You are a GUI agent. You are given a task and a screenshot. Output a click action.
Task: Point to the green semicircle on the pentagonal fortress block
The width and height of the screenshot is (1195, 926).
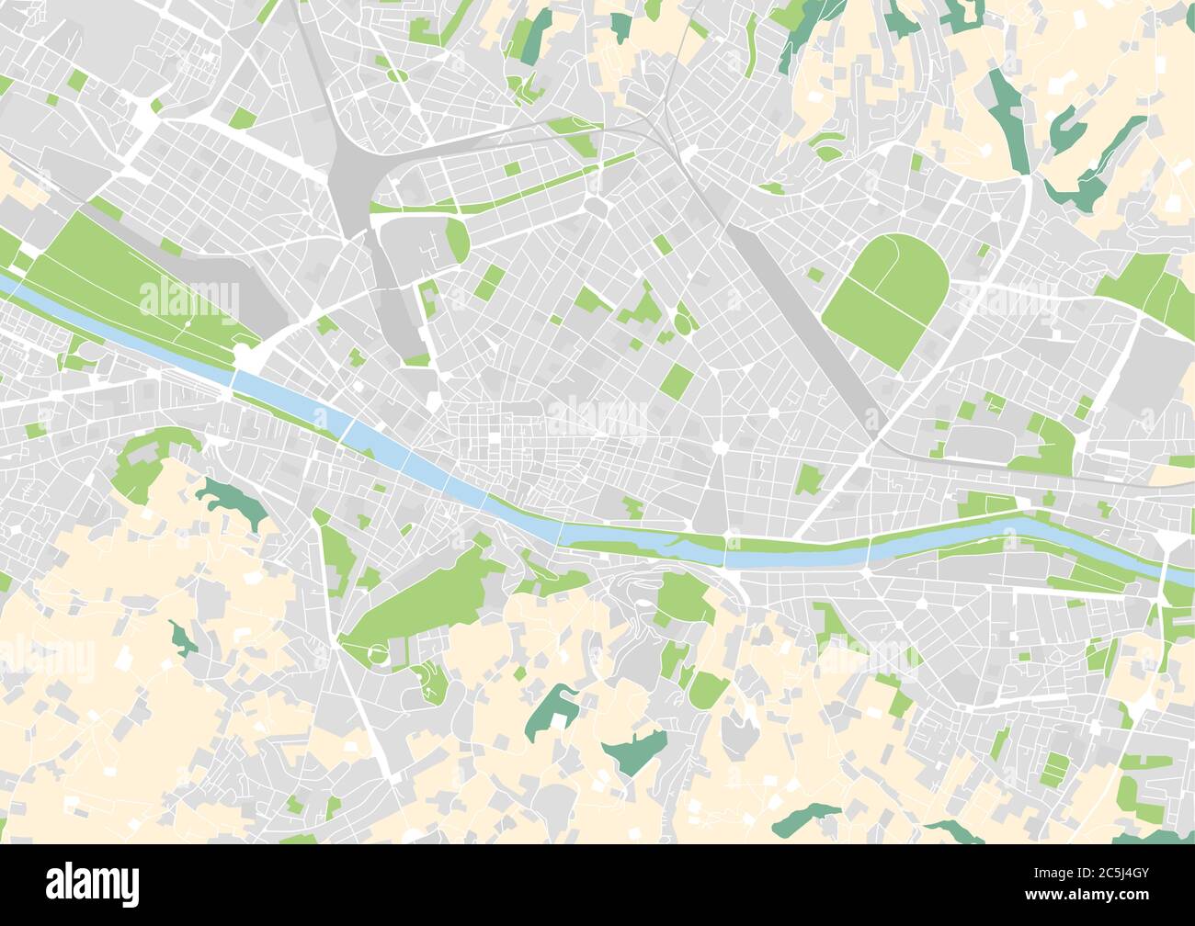(457, 241)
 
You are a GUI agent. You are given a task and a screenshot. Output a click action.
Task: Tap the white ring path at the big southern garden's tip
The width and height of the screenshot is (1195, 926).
(377, 654)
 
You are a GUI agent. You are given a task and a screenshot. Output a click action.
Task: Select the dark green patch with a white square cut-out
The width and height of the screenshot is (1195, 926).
(552, 710)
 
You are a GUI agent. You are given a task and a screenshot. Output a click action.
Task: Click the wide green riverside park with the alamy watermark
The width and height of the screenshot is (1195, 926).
(138, 285)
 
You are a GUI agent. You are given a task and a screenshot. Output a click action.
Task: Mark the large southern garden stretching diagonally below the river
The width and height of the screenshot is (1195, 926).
(423, 597)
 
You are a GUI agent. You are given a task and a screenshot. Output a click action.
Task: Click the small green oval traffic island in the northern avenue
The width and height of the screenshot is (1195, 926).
(397, 76)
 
